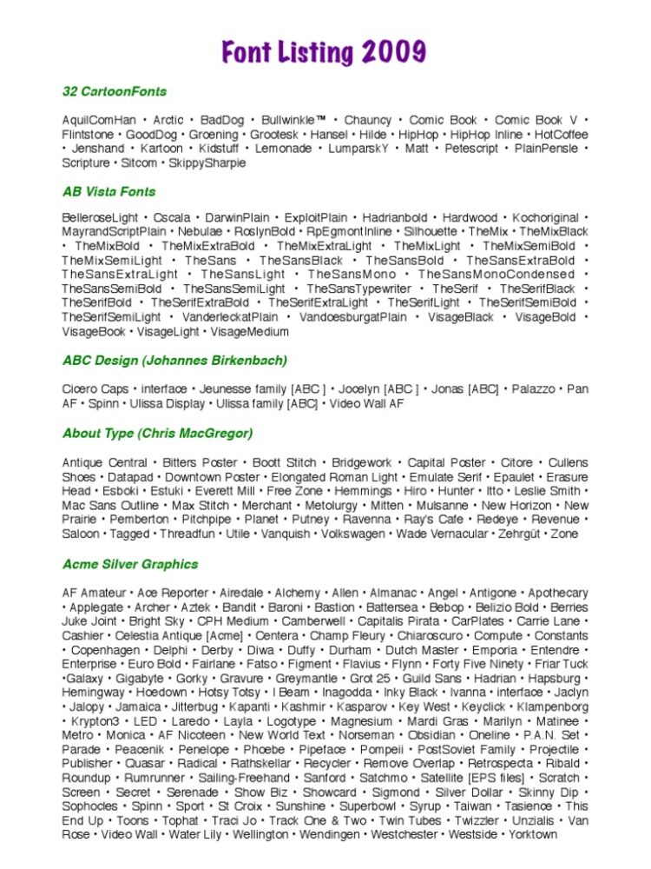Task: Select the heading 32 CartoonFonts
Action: coord(115,91)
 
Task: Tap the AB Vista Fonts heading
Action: coord(109,191)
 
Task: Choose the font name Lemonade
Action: coord(284,149)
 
